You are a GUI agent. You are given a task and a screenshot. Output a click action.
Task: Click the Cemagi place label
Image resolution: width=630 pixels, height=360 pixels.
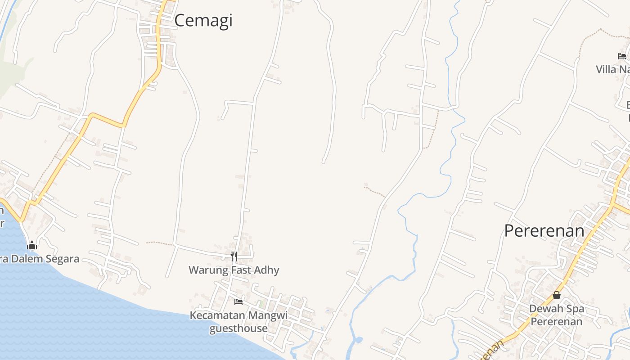point(203,20)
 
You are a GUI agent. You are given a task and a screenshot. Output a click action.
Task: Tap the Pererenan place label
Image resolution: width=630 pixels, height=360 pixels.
point(544,231)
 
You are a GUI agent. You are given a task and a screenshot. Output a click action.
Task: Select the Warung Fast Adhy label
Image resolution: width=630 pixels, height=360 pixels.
point(234,270)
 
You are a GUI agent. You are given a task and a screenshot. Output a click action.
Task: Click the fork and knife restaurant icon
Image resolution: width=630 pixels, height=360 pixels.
point(234,256)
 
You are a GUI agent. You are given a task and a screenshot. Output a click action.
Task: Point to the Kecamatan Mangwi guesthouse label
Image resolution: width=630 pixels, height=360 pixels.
point(238,322)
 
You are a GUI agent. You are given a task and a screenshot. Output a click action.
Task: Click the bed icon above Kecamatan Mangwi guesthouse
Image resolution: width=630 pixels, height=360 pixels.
point(238,301)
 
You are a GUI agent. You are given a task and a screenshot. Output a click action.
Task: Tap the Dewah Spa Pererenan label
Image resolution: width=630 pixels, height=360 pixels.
point(557,315)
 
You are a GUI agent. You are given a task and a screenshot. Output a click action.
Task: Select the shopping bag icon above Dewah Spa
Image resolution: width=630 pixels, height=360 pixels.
point(557,295)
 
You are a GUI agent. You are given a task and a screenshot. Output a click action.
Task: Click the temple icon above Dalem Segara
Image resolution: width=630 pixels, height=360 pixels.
point(32,245)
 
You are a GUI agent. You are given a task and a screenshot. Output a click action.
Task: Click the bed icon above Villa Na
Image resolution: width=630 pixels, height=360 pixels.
point(622,56)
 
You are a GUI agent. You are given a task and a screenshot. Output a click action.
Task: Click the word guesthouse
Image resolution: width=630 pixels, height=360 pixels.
point(238,328)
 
